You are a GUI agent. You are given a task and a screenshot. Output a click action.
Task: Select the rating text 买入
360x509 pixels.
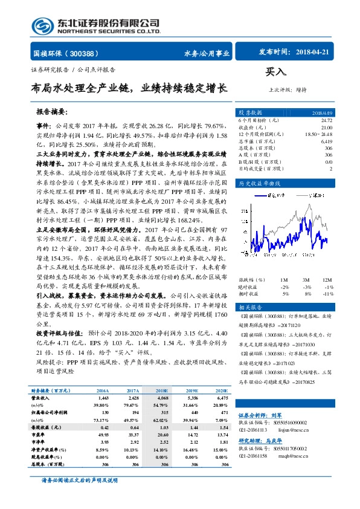pyautogui.click(x=276, y=72)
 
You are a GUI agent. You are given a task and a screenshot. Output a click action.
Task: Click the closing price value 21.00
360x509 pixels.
pyautogui.click(x=326, y=128)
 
